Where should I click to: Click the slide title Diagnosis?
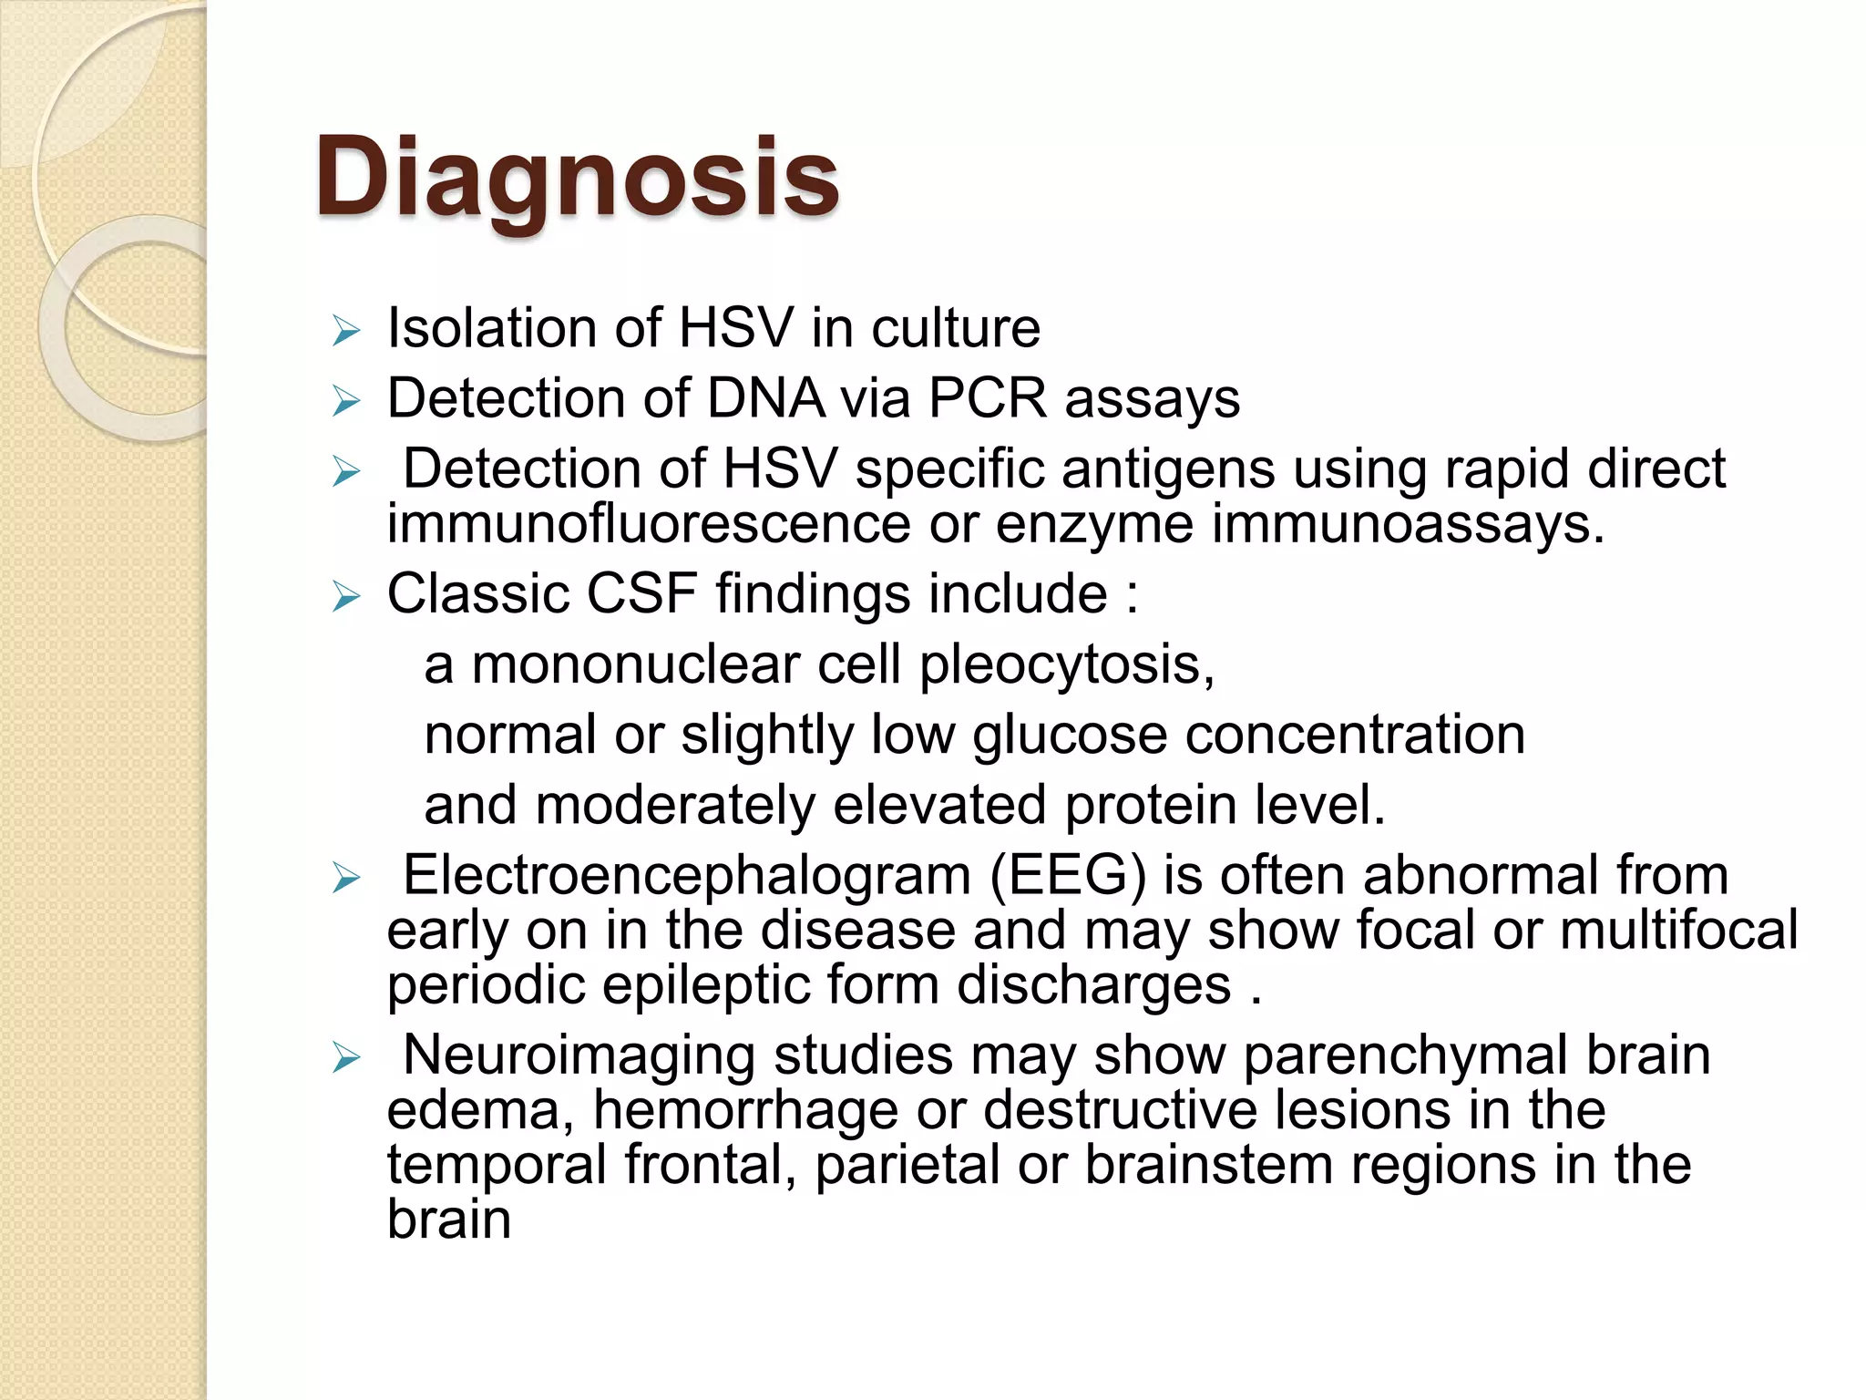point(577,177)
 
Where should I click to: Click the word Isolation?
point(492,328)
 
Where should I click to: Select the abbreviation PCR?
point(988,398)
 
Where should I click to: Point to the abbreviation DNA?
point(765,398)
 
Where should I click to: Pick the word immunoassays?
point(1407,524)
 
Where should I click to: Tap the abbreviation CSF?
point(641,594)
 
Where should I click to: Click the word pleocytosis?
point(1066,664)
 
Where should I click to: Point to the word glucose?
point(1070,735)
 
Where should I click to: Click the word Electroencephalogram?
point(687,875)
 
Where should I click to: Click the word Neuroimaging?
point(579,1055)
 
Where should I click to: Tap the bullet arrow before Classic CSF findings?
point(346,597)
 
